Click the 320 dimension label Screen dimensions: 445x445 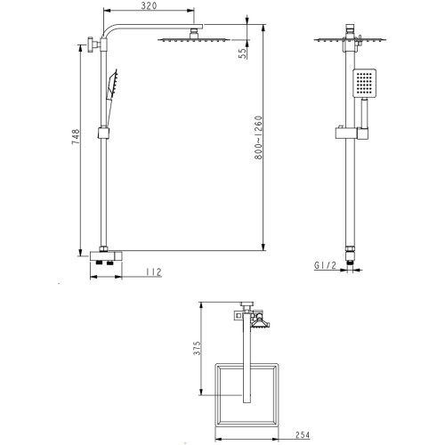[x=149, y=5]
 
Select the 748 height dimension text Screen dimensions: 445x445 [x=76, y=137]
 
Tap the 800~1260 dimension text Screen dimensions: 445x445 [x=259, y=138]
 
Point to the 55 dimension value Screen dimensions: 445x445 [x=243, y=53]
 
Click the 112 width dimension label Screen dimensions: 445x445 [x=154, y=272]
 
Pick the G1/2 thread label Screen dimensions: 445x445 [x=326, y=265]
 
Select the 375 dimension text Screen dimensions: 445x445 [x=197, y=348]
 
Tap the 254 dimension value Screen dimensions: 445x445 [x=303, y=435]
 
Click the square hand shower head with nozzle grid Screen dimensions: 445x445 [x=364, y=83]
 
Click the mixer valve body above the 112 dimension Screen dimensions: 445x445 [x=106, y=255]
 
